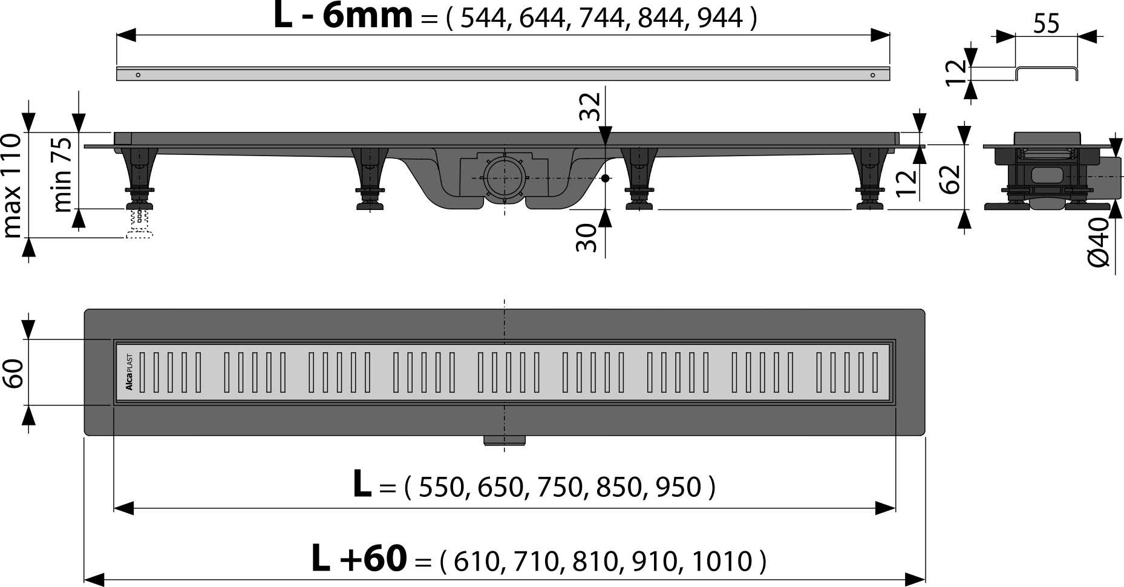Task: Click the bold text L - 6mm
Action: click(x=343, y=16)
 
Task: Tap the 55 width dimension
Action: click(x=1046, y=24)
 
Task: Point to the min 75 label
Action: click(x=62, y=174)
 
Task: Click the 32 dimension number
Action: click(x=589, y=107)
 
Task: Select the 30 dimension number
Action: click(x=586, y=237)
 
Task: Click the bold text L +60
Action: click(x=359, y=559)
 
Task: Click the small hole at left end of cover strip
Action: click(x=138, y=75)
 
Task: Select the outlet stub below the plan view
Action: click(x=504, y=440)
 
